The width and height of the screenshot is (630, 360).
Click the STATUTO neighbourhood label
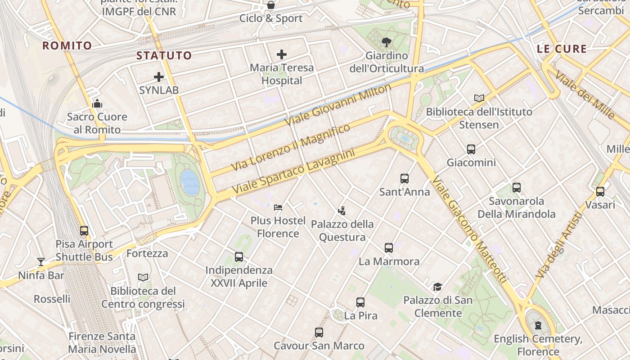[x=164, y=56]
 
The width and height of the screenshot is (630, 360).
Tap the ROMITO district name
[x=67, y=45]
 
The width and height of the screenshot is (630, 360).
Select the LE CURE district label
[x=562, y=49]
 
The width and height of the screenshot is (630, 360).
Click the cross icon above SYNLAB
[x=159, y=77]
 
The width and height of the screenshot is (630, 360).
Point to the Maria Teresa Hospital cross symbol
[x=282, y=55]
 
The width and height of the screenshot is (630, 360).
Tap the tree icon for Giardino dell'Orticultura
[x=386, y=43]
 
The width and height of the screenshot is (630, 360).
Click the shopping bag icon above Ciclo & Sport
[x=271, y=5]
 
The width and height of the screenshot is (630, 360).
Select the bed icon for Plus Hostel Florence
[x=278, y=207]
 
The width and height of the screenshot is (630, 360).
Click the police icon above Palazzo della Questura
[x=342, y=211]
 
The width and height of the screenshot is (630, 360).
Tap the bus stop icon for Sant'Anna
[x=405, y=179]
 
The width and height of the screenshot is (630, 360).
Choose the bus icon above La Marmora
[x=389, y=248]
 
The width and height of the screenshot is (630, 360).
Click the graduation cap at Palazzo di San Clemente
[x=437, y=287]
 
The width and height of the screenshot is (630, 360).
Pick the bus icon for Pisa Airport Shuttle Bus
[x=84, y=231]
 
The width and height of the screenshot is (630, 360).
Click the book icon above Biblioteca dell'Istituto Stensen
[x=479, y=98]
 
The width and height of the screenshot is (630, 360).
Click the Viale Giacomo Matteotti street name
[x=470, y=229]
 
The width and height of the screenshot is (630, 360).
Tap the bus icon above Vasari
[x=600, y=192]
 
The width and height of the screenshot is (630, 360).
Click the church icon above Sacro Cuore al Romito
[x=97, y=104]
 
